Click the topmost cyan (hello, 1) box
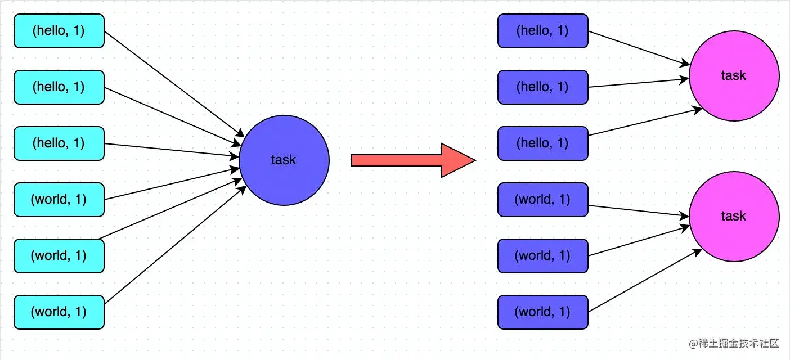click(59, 31)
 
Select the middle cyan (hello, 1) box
click(59, 87)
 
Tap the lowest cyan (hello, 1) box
click(59, 143)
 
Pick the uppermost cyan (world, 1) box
click(59, 200)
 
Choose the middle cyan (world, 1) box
click(59, 256)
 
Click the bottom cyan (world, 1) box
click(59, 312)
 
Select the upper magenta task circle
click(734, 76)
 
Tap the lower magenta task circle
click(734, 217)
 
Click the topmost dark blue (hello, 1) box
click(543, 31)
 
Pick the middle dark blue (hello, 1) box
click(543, 87)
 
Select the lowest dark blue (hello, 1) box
click(543, 143)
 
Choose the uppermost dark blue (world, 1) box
click(543, 200)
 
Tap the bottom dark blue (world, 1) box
click(543, 312)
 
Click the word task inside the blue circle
click(284, 160)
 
